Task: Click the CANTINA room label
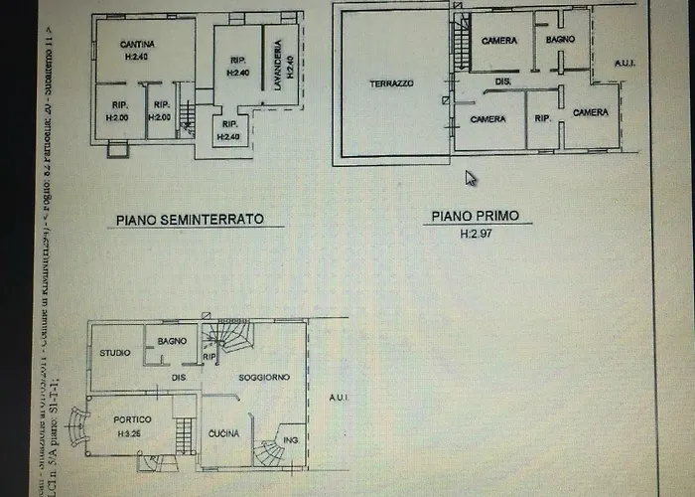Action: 136,45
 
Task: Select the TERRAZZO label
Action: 393,83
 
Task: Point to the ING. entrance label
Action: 292,440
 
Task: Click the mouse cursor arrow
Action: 471,178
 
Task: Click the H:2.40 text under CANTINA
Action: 136,57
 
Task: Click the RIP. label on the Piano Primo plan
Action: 542,117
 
